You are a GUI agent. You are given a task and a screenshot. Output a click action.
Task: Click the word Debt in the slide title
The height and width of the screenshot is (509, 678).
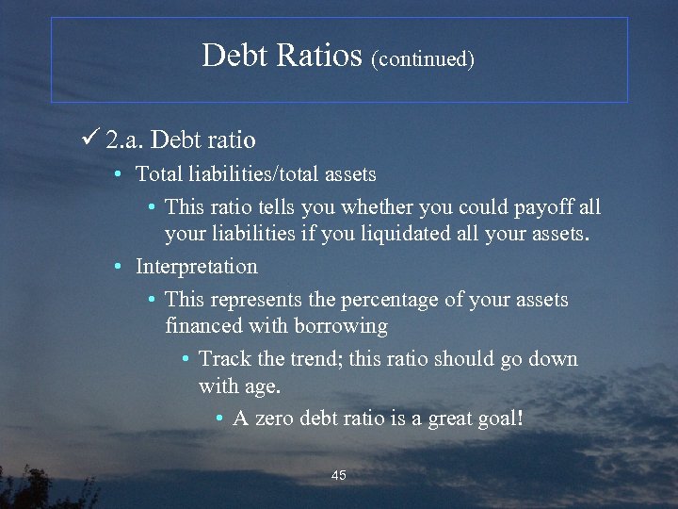click(234, 55)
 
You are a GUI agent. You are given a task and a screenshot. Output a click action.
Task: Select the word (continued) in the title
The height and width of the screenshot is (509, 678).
click(423, 58)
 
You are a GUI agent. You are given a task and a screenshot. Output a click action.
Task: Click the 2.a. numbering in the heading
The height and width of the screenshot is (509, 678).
click(125, 141)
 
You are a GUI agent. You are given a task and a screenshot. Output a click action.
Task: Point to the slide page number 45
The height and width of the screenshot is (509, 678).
click(339, 475)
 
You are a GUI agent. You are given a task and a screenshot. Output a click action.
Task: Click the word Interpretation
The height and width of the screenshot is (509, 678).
click(196, 267)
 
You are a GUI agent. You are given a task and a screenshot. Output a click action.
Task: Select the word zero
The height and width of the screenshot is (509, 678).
click(275, 418)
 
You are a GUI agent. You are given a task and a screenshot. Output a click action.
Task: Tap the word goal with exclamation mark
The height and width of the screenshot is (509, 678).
click(500, 419)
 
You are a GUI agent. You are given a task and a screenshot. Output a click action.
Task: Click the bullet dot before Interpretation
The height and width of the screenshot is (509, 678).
click(117, 268)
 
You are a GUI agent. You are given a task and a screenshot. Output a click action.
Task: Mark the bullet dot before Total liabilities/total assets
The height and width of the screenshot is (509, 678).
click(117, 175)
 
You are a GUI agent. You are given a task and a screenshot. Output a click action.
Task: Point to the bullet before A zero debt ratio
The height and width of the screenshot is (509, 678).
click(219, 419)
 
